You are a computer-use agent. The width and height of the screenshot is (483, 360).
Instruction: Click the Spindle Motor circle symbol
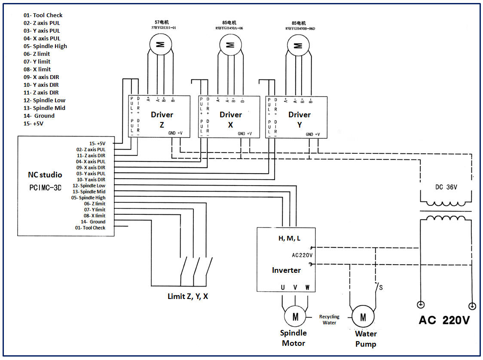(x=295, y=317)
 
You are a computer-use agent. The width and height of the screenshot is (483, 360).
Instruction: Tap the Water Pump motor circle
(x=363, y=317)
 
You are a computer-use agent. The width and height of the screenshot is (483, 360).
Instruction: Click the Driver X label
(x=231, y=119)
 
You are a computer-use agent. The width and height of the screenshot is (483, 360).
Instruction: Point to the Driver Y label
(x=299, y=119)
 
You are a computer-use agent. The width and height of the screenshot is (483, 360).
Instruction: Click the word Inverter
(x=286, y=270)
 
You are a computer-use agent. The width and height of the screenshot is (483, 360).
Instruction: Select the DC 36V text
(x=446, y=188)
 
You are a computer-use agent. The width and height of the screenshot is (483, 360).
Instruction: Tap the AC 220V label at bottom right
(x=444, y=320)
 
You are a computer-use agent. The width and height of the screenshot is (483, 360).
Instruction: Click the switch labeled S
(x=378, y=287)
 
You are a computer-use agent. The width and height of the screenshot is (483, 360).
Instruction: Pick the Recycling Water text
(x=329, y=319)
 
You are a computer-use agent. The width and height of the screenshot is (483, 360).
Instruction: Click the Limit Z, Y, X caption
(x=188, y=296)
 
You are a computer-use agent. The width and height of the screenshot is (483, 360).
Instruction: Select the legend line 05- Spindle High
(x=45, y=46)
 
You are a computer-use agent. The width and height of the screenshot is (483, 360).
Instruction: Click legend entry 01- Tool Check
(x=43, y=15)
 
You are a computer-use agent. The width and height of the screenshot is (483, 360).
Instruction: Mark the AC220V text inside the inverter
(x=302, y=255)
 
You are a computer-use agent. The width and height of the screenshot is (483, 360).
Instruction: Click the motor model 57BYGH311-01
(x=161, y=27)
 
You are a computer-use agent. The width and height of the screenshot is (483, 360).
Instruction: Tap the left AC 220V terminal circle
(x=420, y=305)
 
